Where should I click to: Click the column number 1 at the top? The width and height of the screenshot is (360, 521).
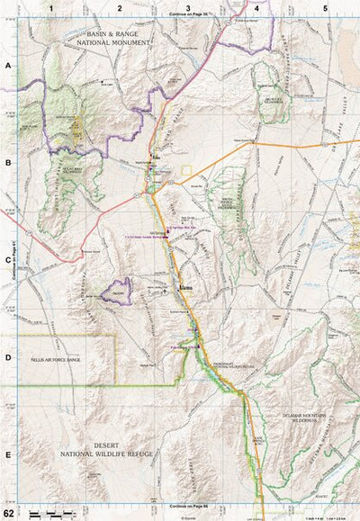(52, 6)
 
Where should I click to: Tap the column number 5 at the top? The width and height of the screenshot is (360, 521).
(325, 6)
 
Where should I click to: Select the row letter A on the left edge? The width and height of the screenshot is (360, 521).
(7, 67)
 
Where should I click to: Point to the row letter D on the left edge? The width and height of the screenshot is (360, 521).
(7, 358)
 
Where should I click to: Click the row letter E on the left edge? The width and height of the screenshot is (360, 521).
(7, 455)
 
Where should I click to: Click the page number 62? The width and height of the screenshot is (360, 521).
(8, 513)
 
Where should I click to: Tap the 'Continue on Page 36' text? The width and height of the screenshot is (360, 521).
(186, 16)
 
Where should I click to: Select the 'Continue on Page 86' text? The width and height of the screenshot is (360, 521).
(186, 508)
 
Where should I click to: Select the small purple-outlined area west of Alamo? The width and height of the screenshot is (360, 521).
(116, 290)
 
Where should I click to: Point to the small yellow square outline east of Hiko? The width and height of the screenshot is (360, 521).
(186, 169)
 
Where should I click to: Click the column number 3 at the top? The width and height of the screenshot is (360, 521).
(186, 6)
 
